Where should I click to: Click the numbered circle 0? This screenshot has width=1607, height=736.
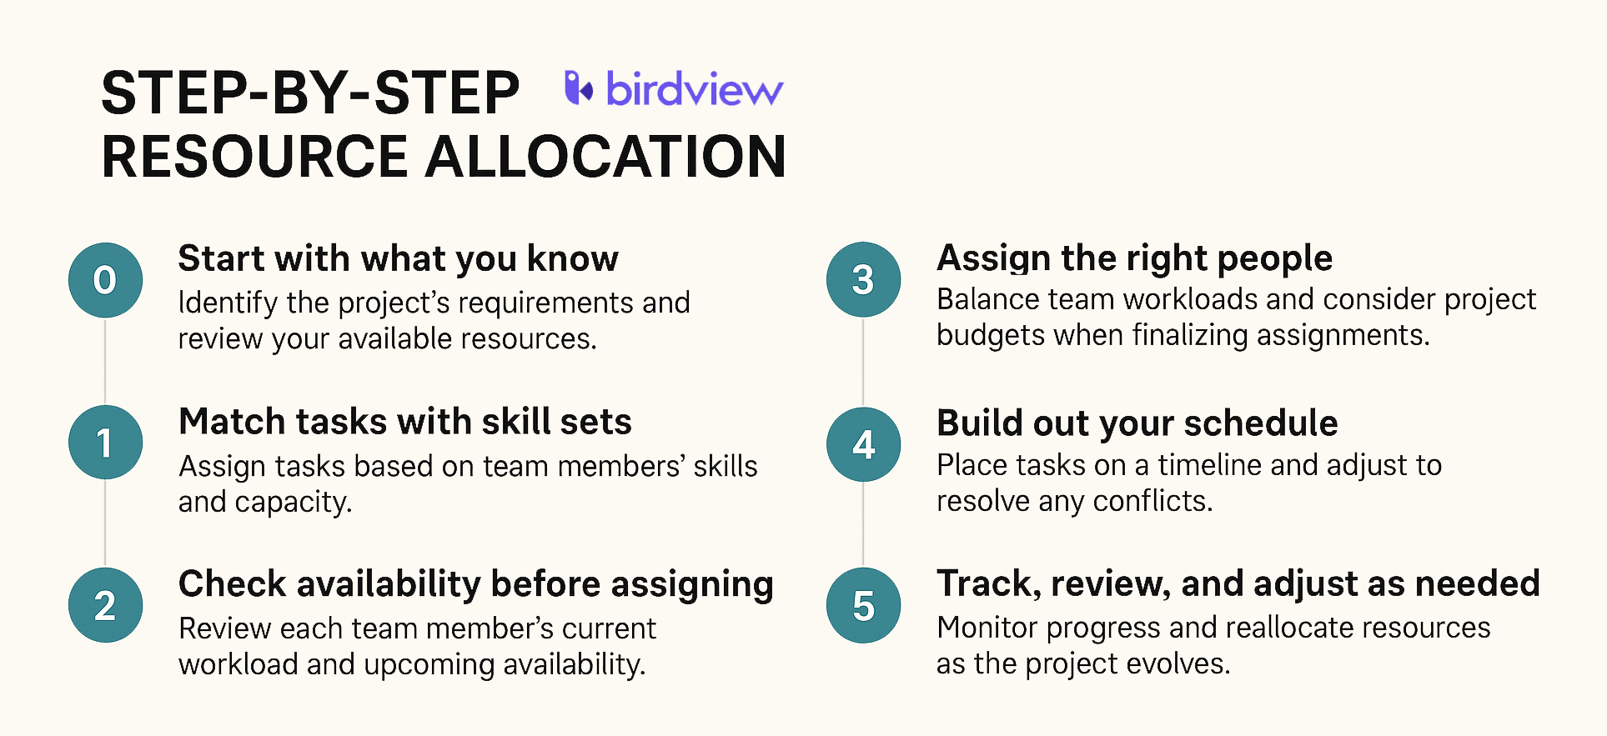click(x=105, y=280)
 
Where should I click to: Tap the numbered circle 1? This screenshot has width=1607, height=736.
click(x=105, y=442)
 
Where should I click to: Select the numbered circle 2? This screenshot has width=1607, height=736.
click(x=105, y=605)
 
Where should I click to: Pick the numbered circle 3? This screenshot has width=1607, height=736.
click(x=863, y=279)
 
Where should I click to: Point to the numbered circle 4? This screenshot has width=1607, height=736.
click(x=863, y=444)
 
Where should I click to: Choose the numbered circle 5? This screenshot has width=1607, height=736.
click(x=863, y=605)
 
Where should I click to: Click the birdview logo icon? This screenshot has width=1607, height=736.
click(x=579, y=88)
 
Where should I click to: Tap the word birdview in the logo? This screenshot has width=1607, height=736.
click(x=695, y=88)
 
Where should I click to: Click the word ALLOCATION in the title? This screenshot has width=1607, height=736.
click(x=605, y=157)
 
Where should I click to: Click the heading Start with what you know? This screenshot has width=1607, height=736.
click(x=398, y=259)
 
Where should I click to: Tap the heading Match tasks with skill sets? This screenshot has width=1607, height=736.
click(x=405, y=422)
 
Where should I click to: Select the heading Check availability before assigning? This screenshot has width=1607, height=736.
click(x=476, y=585)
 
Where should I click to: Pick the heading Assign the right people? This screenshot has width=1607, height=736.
click(x=1134, y=259)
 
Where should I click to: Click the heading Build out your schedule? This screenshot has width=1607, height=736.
click(x=1137, y=423)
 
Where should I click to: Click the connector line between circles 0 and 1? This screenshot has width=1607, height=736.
click(x=105, y=361)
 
